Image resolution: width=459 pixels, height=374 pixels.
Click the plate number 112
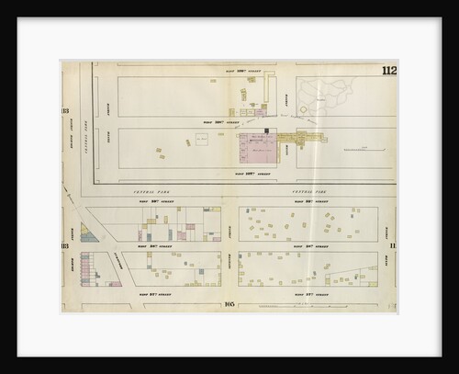[386, 71]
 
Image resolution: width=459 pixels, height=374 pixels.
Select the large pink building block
[257, 148]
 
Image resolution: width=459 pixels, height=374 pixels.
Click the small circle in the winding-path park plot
[303, 109]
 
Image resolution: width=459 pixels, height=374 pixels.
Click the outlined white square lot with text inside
[201, 139]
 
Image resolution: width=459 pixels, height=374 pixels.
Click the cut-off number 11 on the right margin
[391, 245]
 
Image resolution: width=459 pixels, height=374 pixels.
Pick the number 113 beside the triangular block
[65, 245]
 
